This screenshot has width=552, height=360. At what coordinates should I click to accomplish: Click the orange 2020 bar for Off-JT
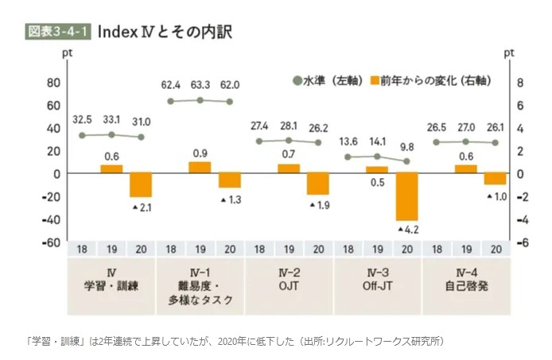click(x=407, y=196)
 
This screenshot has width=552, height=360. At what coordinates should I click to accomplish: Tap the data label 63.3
click(x=200, y=84)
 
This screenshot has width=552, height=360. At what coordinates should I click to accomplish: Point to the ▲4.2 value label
click(x=408, y=230)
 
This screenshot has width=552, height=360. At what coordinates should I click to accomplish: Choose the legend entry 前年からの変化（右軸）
click(x=430, y=81)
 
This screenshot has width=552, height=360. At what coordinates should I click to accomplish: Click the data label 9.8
click(x=408, y=146)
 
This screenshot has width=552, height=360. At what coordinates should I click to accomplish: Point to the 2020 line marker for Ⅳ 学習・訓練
click(x=142, y=137)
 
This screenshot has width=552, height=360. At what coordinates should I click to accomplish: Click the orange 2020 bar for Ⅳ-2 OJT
click(x=318, y=184)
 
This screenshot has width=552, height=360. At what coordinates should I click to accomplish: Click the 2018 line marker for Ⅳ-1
click(x=171, y=102)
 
